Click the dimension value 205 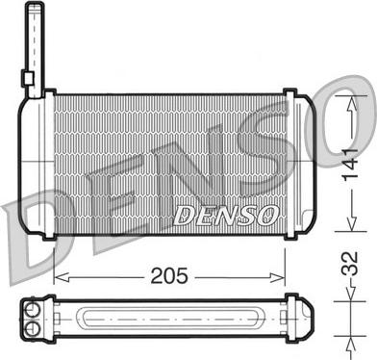(x=169, y=275)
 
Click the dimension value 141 (x=351, y=165)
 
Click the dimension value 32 (x=349, y=264)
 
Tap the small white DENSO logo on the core (x=226, y=215)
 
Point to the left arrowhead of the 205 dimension (x=62, y=277)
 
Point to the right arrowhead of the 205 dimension (x=277, y=277)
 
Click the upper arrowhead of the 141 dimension (x=352, y=105)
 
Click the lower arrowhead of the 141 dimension (x=352, y=222)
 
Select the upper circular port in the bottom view (x=32, y=310)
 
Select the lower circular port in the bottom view (x=32, y=327)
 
